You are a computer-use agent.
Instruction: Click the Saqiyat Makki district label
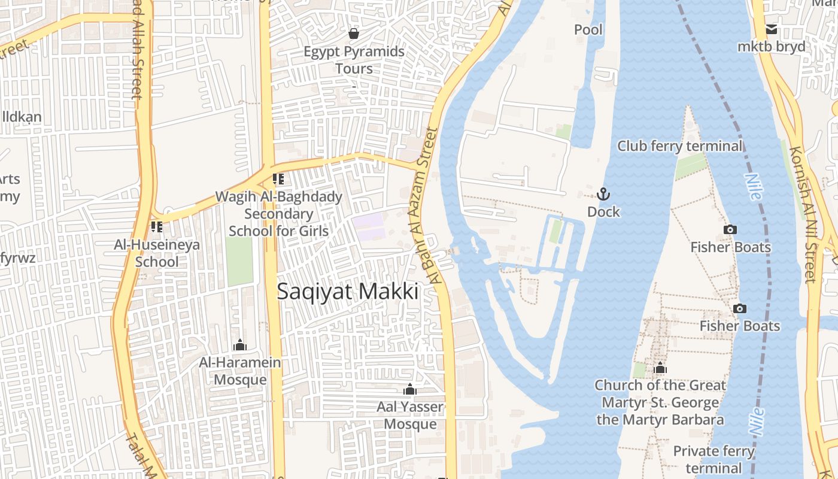(347, 292)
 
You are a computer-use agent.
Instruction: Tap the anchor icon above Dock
(603, 194)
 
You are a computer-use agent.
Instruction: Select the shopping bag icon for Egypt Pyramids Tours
(354, 33)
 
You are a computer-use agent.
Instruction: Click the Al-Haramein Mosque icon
(240, 345)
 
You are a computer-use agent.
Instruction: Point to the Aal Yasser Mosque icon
(409, 390)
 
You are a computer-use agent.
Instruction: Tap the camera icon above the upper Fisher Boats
(730, 229)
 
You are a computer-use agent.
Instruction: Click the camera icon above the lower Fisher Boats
(740, 308)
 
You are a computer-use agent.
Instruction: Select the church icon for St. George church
(660, 368)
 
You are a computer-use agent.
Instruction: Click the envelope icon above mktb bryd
(772, 29)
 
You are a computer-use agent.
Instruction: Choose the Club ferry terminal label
(679, 146)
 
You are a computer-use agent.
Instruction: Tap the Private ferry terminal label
(713, 459)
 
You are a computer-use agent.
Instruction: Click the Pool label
(588, 29)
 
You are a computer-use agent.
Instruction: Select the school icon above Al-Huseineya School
(157, 227)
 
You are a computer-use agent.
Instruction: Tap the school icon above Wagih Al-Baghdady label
(278, 178)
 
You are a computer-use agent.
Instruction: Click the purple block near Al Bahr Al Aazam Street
(368, 227)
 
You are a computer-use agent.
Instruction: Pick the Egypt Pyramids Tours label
(354, 60)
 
